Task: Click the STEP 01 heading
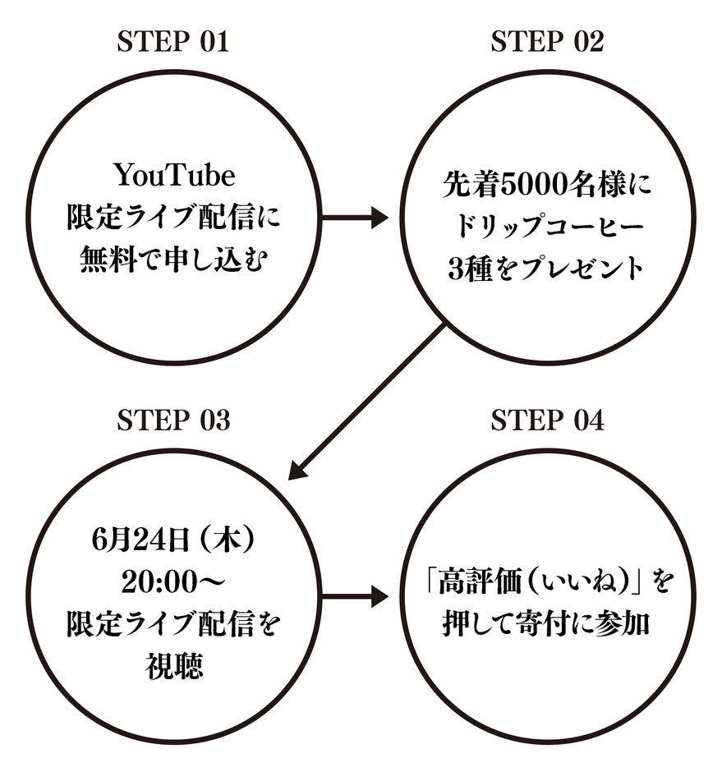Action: click(x=172, y=41)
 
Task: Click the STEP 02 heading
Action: click(x=547, y=41)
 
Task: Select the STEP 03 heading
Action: click(x=172, y=420)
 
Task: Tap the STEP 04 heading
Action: click(x=547, y=420)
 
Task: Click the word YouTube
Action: click(x=173, y=175)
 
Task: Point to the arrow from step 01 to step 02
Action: click(x=354, y=218)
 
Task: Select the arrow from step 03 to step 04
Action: click(x=354, y=597)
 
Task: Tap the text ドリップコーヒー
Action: click(x=548, y=226)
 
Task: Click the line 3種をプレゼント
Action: click(x=547, y=269)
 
